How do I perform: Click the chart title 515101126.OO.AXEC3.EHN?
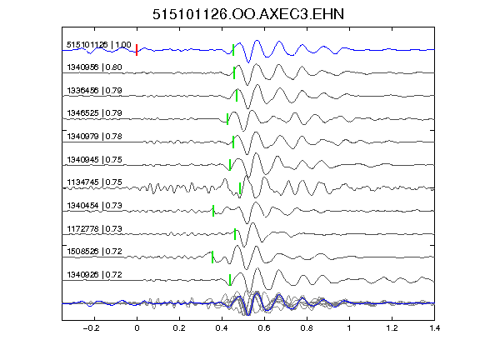tap(248, 14)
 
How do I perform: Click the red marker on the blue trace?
tap(137, 50)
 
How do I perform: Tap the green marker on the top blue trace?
tap(233, 50)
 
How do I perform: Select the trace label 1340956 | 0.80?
tap(95, 67)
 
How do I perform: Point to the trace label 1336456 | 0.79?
tap(95, 91)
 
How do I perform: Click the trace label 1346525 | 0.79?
tap(95, 113)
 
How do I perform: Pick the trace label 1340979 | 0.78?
tap(95, 137)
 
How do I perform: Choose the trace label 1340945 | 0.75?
tap(95, 160)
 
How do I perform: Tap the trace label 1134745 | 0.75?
tap(95, 182)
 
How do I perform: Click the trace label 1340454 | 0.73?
tap(95, 206)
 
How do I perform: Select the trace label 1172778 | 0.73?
tap(95, 229)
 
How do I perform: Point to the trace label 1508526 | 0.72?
tap(95, 252)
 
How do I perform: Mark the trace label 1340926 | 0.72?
tap(95, 275)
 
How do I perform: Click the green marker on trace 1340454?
tap(213, 211)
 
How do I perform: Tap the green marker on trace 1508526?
tap(212, 257)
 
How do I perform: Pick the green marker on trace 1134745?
tap(240, 188)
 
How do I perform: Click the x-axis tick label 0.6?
tap(264, 328)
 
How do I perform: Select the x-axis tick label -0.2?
tap(92, 328)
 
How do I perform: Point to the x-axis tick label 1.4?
tap(435, 328)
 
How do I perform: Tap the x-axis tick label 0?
tap(137, 328)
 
